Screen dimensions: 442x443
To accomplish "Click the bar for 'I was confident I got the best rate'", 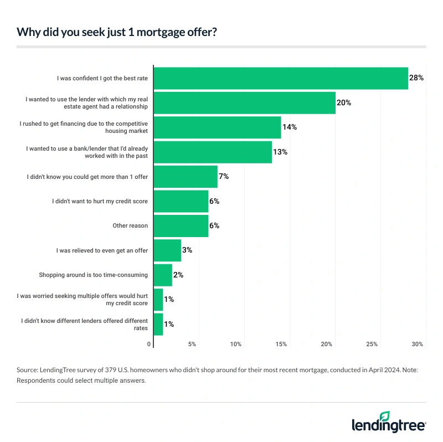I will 280,78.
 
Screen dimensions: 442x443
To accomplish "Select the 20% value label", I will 344,102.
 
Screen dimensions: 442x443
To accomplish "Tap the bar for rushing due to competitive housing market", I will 217,127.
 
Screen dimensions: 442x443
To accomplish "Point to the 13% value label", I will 280,152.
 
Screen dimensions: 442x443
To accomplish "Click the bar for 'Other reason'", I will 181,226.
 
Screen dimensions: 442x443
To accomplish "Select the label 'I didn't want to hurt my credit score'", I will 100,201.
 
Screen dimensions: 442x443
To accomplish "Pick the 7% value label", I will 224,176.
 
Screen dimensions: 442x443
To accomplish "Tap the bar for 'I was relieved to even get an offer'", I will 167,250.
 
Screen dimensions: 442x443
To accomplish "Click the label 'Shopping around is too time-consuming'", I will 93,275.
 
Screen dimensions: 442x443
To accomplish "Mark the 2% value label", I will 178,275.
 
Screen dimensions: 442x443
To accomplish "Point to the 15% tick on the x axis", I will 281,345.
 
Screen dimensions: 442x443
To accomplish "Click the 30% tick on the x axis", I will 417,345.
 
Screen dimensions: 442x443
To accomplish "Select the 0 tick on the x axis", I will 149,345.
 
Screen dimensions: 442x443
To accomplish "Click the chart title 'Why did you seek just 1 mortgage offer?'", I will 117,32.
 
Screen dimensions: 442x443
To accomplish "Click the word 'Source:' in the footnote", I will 28,369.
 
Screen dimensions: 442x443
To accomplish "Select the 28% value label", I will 416,78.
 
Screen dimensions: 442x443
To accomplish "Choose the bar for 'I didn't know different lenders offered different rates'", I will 158,324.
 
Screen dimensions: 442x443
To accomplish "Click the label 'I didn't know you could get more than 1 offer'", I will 87,177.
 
